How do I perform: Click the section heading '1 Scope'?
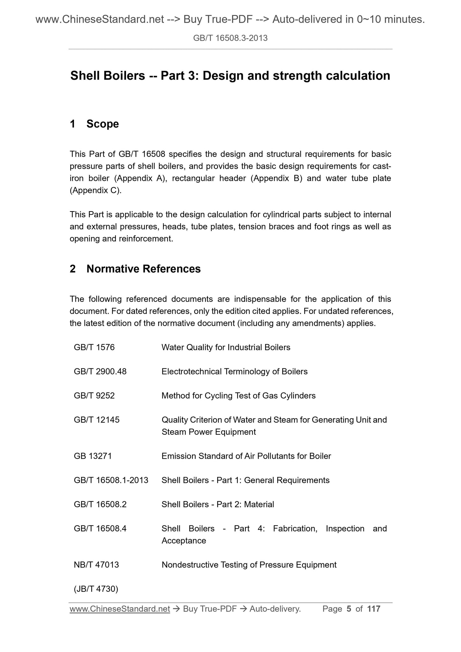(94, 124)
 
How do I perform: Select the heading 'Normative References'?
(143, 269)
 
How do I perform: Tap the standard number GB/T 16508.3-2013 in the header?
(230, 38)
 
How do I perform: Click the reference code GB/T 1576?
(94, 347)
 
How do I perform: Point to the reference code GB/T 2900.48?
(100, 372)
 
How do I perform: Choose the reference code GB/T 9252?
(94, 396)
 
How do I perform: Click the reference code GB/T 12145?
(97, 420)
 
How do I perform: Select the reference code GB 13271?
(93, 456)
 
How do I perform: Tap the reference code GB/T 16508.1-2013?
(111, 480)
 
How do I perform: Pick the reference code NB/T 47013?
(96, 565)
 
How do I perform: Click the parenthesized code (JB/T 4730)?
(96, 589)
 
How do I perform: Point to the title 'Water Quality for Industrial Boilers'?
(226, 347)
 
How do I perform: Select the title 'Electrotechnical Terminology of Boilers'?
(234, 372)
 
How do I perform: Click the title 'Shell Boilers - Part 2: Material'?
(218, 505)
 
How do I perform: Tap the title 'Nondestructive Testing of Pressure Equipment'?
(249, 565)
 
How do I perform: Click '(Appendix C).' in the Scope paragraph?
(96, 191)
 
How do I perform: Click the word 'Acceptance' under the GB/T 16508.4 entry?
(184, 541)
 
